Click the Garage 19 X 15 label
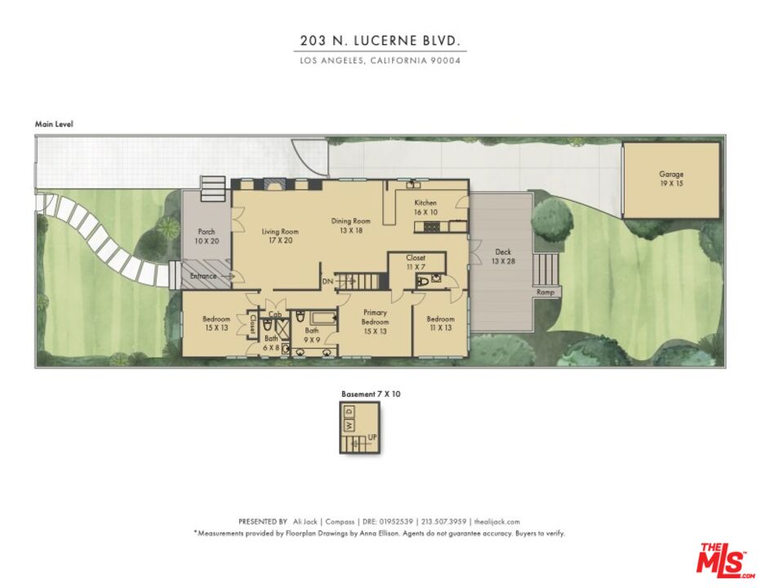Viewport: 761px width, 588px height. (671, 179)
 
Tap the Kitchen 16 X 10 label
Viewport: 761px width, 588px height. (425, 207)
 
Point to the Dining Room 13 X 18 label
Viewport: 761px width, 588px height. (351, 225)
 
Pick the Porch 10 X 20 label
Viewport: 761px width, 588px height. (206, 237)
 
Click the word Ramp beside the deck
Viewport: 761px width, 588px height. (545, 292)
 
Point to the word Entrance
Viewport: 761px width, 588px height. (203, 276)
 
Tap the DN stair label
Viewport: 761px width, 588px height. (327, 281)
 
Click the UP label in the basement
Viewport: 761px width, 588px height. (372, 438)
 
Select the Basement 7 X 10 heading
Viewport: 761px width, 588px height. (371, 394)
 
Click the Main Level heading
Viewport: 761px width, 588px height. (54, 124)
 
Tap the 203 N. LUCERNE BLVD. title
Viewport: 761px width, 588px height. (380, 41)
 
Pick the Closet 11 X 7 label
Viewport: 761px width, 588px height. (416, 262)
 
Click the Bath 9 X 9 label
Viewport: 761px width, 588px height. (312, 335)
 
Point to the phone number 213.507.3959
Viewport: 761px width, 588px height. (443, 522)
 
